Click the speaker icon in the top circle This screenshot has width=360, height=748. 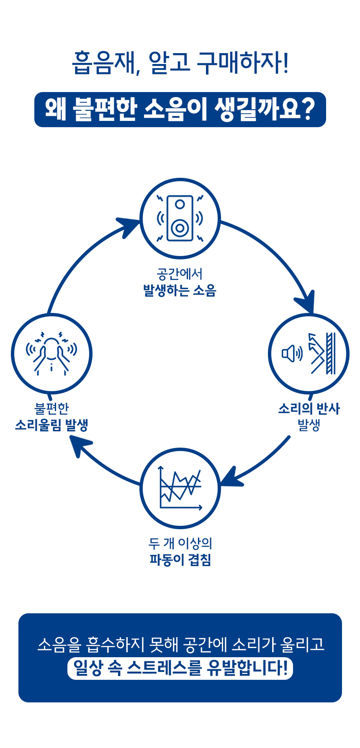[180, 218]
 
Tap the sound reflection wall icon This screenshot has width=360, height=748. [309, 354]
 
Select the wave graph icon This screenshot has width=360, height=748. [180, 488]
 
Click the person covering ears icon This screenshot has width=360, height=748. [51, 354]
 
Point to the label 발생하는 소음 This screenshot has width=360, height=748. [180, 290]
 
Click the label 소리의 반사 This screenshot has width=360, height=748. [309, 408]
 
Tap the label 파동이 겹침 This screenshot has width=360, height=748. [180, 560]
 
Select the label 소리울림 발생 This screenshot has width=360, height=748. [51, 425]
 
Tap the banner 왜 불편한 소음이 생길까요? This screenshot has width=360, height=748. [180, 110]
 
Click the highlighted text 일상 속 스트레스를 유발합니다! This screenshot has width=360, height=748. [180, 668]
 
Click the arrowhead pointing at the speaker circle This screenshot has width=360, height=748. [127, 226]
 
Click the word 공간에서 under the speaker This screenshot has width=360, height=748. [180, 274]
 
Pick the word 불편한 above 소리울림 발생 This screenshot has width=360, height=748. [51, 408]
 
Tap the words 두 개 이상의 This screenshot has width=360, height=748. [180, 543]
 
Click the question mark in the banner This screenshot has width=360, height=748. [308, 110]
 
